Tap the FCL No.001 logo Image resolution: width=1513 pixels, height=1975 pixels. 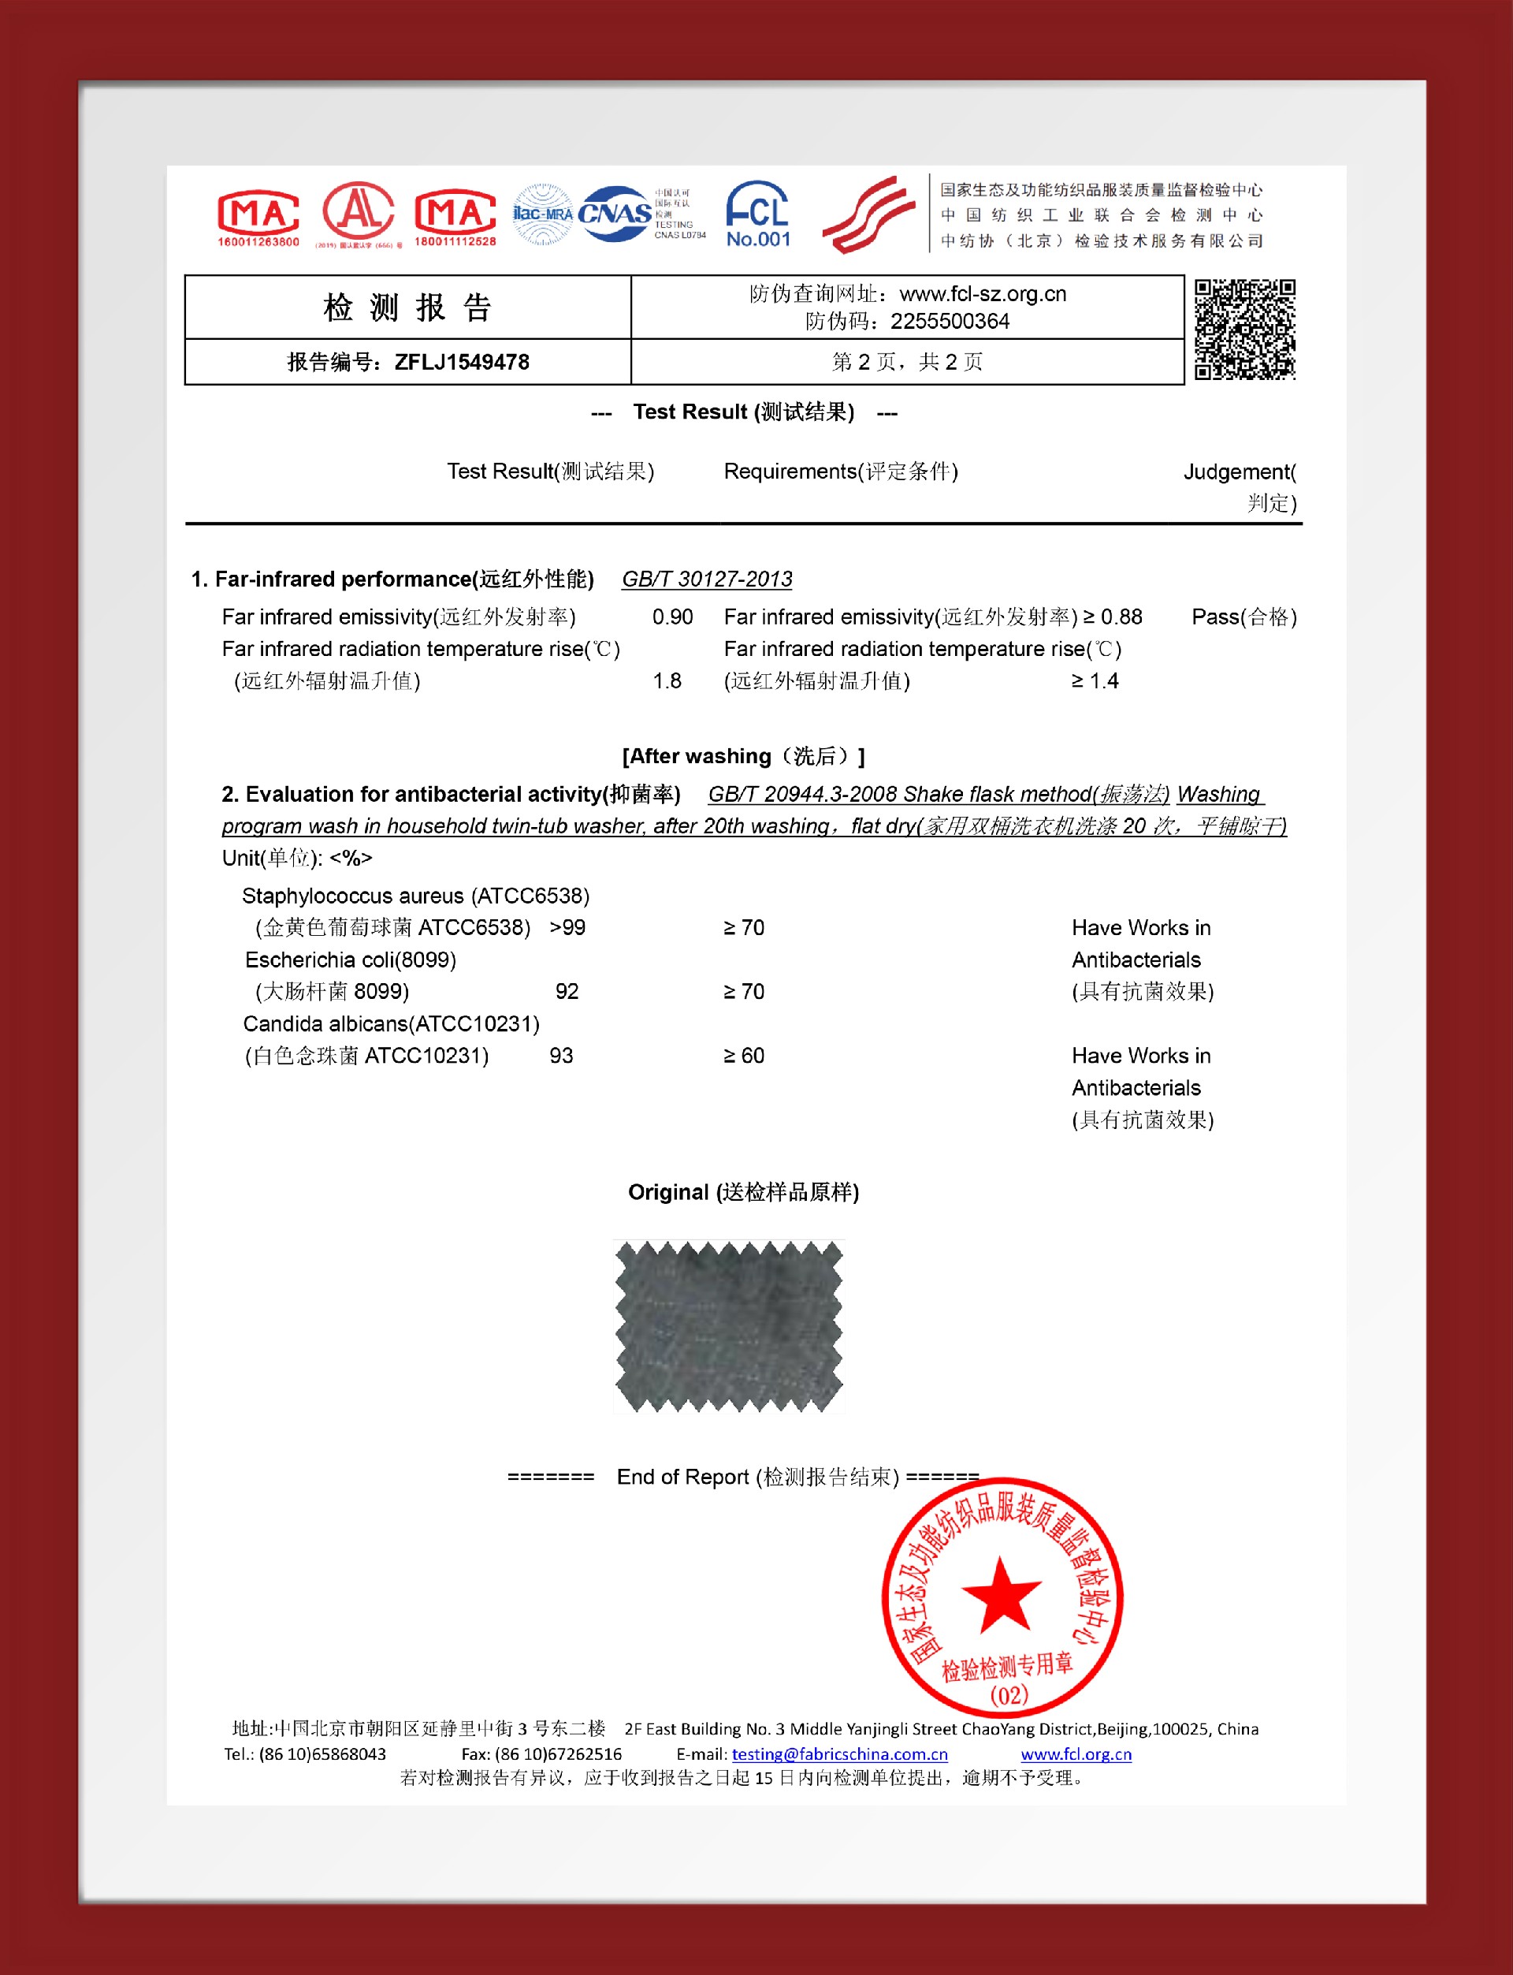(x=757, y=214)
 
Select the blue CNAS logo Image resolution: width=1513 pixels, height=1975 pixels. (x=615, y=214)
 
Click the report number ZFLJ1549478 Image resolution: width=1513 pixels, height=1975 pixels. (x=461, y=362)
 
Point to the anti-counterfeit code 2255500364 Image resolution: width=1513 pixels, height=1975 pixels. (x=950, y=322)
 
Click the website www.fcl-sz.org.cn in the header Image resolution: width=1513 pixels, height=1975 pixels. (x=983, y=294)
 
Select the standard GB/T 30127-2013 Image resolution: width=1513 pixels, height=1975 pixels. (x=707, y=579)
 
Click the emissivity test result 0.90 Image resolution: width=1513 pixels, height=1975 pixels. (x=672, y=617)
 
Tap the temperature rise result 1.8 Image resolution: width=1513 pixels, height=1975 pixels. (x=667, y=681)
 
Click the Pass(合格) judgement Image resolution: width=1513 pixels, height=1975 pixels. (x=1243, y=617)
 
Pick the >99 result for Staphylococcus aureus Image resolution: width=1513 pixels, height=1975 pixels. (x=567, y=927)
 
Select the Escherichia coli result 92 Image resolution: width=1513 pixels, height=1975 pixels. (x=567, y=991)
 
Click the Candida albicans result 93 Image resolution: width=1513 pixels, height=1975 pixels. (x=561, y=1055)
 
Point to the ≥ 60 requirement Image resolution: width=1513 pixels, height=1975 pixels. (x=744, y=1055)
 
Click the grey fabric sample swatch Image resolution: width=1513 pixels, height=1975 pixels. (x=729, y=1325)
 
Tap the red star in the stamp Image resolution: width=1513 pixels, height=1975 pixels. (x=1001, y=1596)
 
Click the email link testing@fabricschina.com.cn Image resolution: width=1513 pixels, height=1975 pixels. (x=839, y=1754)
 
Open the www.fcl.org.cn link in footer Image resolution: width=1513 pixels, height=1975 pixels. (x=1076, y=1754)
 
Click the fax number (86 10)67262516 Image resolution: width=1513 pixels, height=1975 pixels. (x=559, y=1754)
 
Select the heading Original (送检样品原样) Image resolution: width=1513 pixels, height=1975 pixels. (x=743, y=1192)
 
